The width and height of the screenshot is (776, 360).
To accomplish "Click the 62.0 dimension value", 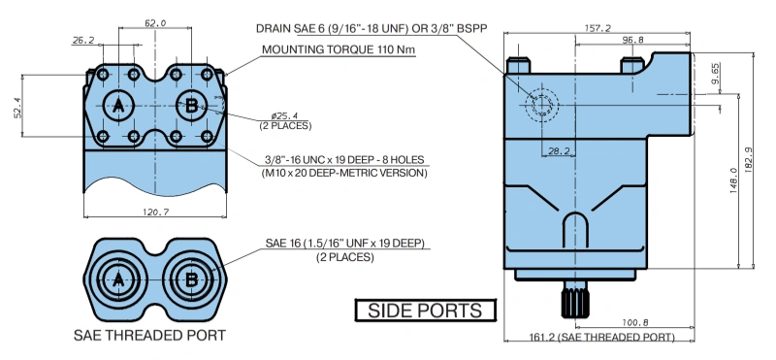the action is tap(155, 22).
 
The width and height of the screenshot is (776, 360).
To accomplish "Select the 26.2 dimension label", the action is tap(83, 41).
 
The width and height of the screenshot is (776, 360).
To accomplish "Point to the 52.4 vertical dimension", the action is tap(17, 108).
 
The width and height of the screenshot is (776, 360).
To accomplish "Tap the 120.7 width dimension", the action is tap(156, 212).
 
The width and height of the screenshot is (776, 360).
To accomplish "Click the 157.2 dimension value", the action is tap(598, 28).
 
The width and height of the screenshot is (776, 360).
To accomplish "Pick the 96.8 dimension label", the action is tap(633, 40).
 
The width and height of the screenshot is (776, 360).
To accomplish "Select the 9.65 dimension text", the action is tap(716, 73).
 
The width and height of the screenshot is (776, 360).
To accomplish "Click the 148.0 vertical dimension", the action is tap(734, 180).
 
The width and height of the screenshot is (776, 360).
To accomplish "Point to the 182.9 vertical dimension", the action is tap(748, 158).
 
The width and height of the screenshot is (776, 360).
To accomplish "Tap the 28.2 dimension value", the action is tap(560, 151).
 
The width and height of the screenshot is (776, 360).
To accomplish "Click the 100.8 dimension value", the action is tap(635, 323).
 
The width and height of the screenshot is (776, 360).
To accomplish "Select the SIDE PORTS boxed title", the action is tap(425, 311).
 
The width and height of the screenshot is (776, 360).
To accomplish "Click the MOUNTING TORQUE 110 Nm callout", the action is tap(339, 49).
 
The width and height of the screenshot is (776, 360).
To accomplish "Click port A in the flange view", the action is tap(118, 106).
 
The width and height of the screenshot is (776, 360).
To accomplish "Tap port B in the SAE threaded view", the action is tap(191, 280).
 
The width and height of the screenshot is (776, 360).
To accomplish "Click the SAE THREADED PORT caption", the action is tap(149, 335).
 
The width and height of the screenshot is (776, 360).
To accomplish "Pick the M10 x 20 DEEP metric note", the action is tap(344, 174).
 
